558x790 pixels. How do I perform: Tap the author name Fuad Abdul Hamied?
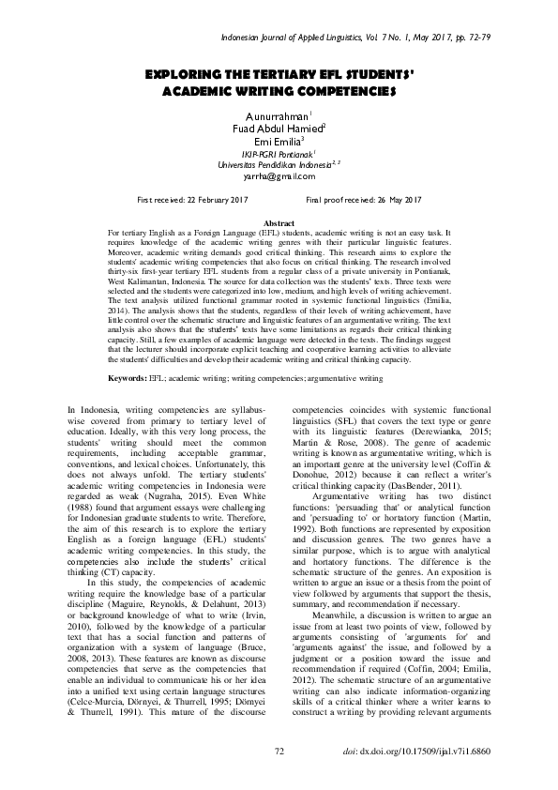[278, 128]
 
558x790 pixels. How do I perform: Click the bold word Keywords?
[127, 378]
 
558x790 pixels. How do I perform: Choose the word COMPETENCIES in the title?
[333, 92]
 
